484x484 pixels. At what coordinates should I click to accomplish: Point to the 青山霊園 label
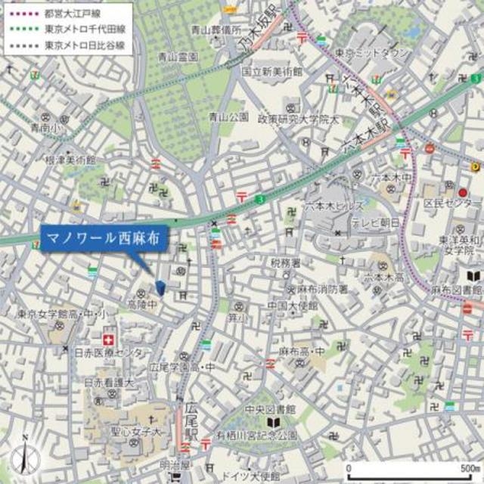click(178, 56)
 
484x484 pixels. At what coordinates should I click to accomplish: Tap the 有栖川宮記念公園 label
click(276, 435)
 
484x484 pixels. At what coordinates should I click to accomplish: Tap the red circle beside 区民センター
click(463, 193)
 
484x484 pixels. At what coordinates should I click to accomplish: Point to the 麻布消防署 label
click(322, 289)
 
